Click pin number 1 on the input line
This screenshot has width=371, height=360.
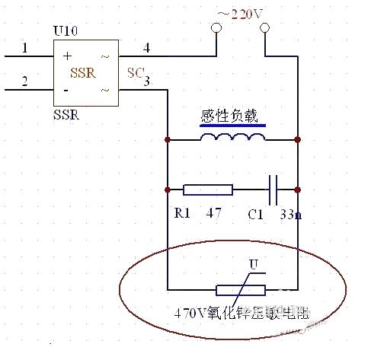(24, 48)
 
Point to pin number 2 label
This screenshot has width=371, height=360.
(24, 81)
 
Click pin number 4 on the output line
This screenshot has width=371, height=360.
(147, 48)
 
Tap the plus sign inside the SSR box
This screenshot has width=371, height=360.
(66, 56)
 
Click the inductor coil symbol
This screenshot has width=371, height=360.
(232, 137)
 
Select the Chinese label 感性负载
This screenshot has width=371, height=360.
(229, 116)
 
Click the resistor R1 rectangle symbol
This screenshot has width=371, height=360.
(208, 189)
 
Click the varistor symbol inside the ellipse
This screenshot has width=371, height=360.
(241, 289)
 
